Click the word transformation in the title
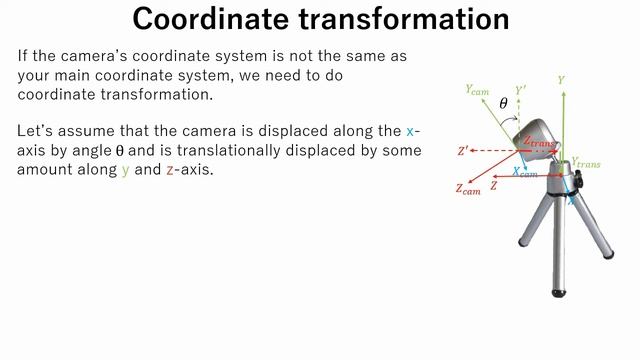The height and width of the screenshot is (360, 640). tap(404, 19)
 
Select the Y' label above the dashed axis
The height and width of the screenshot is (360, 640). tap(520, 90)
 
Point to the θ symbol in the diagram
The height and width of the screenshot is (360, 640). tap(503, 103)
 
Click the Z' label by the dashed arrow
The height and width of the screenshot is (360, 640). tap(463, 151)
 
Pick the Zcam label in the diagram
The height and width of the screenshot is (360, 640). tap(467, 187)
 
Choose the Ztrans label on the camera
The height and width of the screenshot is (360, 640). tap(541, 143)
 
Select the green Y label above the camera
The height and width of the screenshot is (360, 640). tap(562, 78)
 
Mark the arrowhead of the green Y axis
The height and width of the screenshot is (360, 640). tap(562, 92)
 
